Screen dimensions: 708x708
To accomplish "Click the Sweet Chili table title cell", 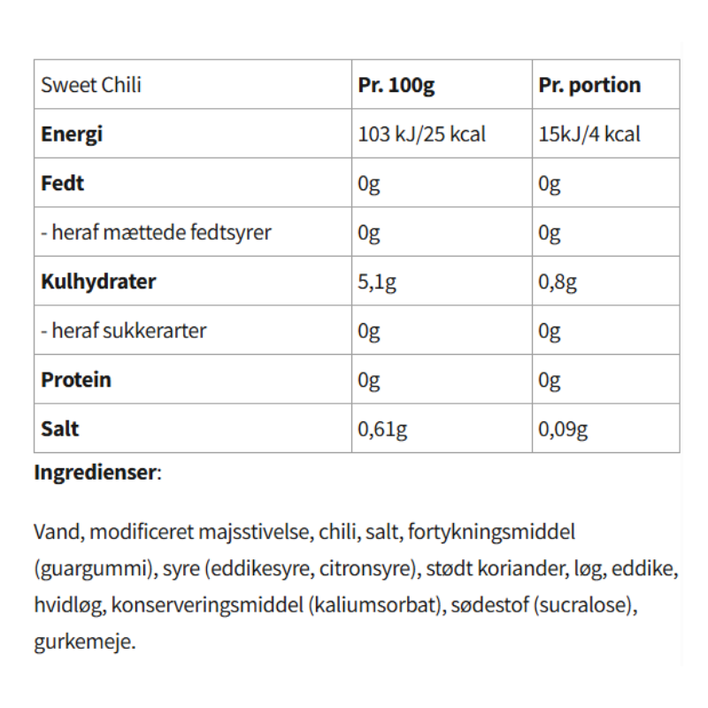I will (x=91, y=86).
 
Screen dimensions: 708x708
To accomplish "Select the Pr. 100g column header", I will (x=396, y=86).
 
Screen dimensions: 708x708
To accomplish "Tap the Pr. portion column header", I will (x=589, y=86).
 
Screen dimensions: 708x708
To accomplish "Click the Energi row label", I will (x=72, y=135).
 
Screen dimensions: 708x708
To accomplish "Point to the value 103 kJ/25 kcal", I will (x=421, y=135).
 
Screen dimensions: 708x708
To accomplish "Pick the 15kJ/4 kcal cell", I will (x=589, y=135).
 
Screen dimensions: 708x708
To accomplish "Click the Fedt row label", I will (x=63, y=184).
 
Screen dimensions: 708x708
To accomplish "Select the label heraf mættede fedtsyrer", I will (x=156, y=233).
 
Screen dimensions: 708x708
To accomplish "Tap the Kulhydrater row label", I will (x=98, y=281).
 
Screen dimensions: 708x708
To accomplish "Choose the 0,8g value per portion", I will (x=558, y=282).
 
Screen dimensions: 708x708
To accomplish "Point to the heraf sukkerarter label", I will (x=124, y=331).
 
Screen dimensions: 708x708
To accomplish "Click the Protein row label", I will (x=76, y=380).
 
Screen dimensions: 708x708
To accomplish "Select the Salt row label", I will (x=59, y=428).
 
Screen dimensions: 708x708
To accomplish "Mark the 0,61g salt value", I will (x=382, y=429).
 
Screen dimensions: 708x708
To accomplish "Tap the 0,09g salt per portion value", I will (x=563, y=429).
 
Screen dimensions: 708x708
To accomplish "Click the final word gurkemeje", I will (x=85, y=641).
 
